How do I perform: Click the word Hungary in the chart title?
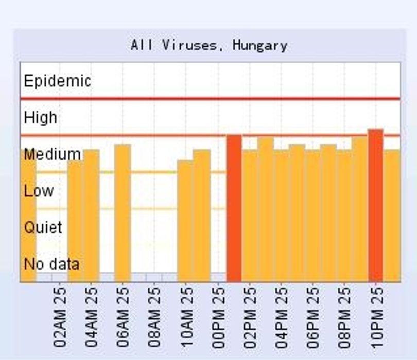260,46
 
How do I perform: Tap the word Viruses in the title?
189,45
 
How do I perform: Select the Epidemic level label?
58,81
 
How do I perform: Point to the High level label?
41,117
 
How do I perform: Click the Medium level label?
52,154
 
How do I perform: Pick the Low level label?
39,191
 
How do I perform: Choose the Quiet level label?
43,227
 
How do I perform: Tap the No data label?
51,264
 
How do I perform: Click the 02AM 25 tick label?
60,317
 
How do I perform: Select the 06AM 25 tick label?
123,317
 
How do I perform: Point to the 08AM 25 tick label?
154,317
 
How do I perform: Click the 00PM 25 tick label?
218,317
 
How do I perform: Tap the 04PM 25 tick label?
281,317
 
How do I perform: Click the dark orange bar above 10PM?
376,205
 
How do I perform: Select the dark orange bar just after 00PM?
234,208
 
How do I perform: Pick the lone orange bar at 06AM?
123,213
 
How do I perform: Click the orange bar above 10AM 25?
185,221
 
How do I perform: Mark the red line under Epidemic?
211,99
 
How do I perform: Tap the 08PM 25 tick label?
344,317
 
